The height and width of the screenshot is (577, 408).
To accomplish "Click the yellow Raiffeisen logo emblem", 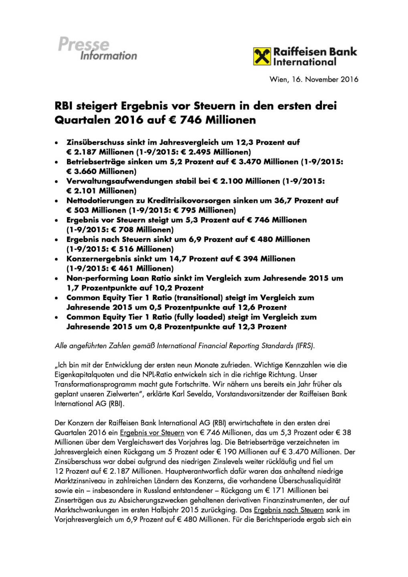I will click(x=262, y=56).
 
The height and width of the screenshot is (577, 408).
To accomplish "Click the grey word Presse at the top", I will click(x=83, y=44).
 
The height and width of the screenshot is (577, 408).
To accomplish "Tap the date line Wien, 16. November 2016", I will click(x=314, y=79).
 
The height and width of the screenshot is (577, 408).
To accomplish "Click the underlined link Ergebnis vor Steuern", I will click(x=152, y=433).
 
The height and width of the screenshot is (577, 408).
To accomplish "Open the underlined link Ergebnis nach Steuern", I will click(x=289, y=510).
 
